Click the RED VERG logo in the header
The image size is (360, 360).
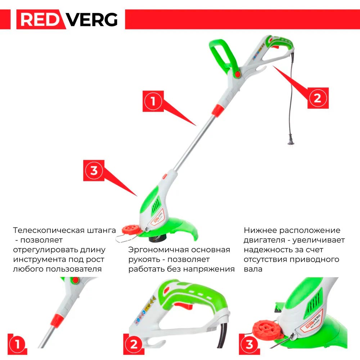click(69, 19)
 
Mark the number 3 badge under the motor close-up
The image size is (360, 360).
click(249, 344)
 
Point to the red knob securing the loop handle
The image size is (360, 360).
click(237, 73)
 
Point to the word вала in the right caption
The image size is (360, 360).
click(253, 269)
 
